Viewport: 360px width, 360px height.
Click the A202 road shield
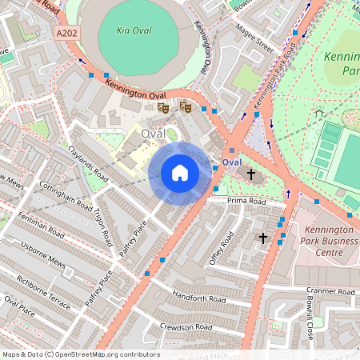(x=68, y=34)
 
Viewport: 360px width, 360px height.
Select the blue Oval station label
(x=232, y=162)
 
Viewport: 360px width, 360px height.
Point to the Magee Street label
(x=254, y=39)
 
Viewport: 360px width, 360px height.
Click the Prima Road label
(x=246, y=201)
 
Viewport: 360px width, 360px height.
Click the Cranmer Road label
(x=330, y=292)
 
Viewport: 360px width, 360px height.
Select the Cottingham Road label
(x=59, y=196)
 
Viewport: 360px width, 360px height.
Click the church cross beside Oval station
(x=250, y=174)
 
